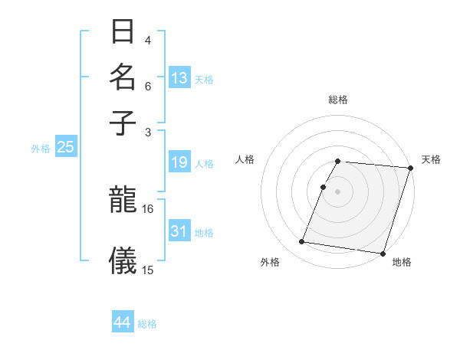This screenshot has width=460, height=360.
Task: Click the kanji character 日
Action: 123,32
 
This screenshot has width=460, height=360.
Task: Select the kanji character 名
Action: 123,77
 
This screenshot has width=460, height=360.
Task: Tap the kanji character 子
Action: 123,122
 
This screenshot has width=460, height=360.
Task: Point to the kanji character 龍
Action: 123,201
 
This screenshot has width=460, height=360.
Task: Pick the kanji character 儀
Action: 123,260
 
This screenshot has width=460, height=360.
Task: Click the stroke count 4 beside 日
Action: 148,40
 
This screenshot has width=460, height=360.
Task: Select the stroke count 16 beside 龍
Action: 148,208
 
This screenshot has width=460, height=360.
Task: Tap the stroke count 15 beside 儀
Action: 148,270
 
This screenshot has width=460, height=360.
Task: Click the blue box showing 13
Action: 179,78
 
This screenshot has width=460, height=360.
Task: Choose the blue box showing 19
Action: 179,162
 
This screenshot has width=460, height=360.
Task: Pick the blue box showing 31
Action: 179,231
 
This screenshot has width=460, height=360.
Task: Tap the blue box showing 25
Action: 65,147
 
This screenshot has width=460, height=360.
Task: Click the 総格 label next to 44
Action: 147,324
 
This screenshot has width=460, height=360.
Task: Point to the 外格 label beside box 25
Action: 40,149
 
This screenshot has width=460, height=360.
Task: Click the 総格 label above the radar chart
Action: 337,100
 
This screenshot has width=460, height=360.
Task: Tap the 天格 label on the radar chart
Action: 431,159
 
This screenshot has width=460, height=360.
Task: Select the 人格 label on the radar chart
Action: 245,159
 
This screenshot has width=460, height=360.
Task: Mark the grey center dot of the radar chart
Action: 337,191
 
